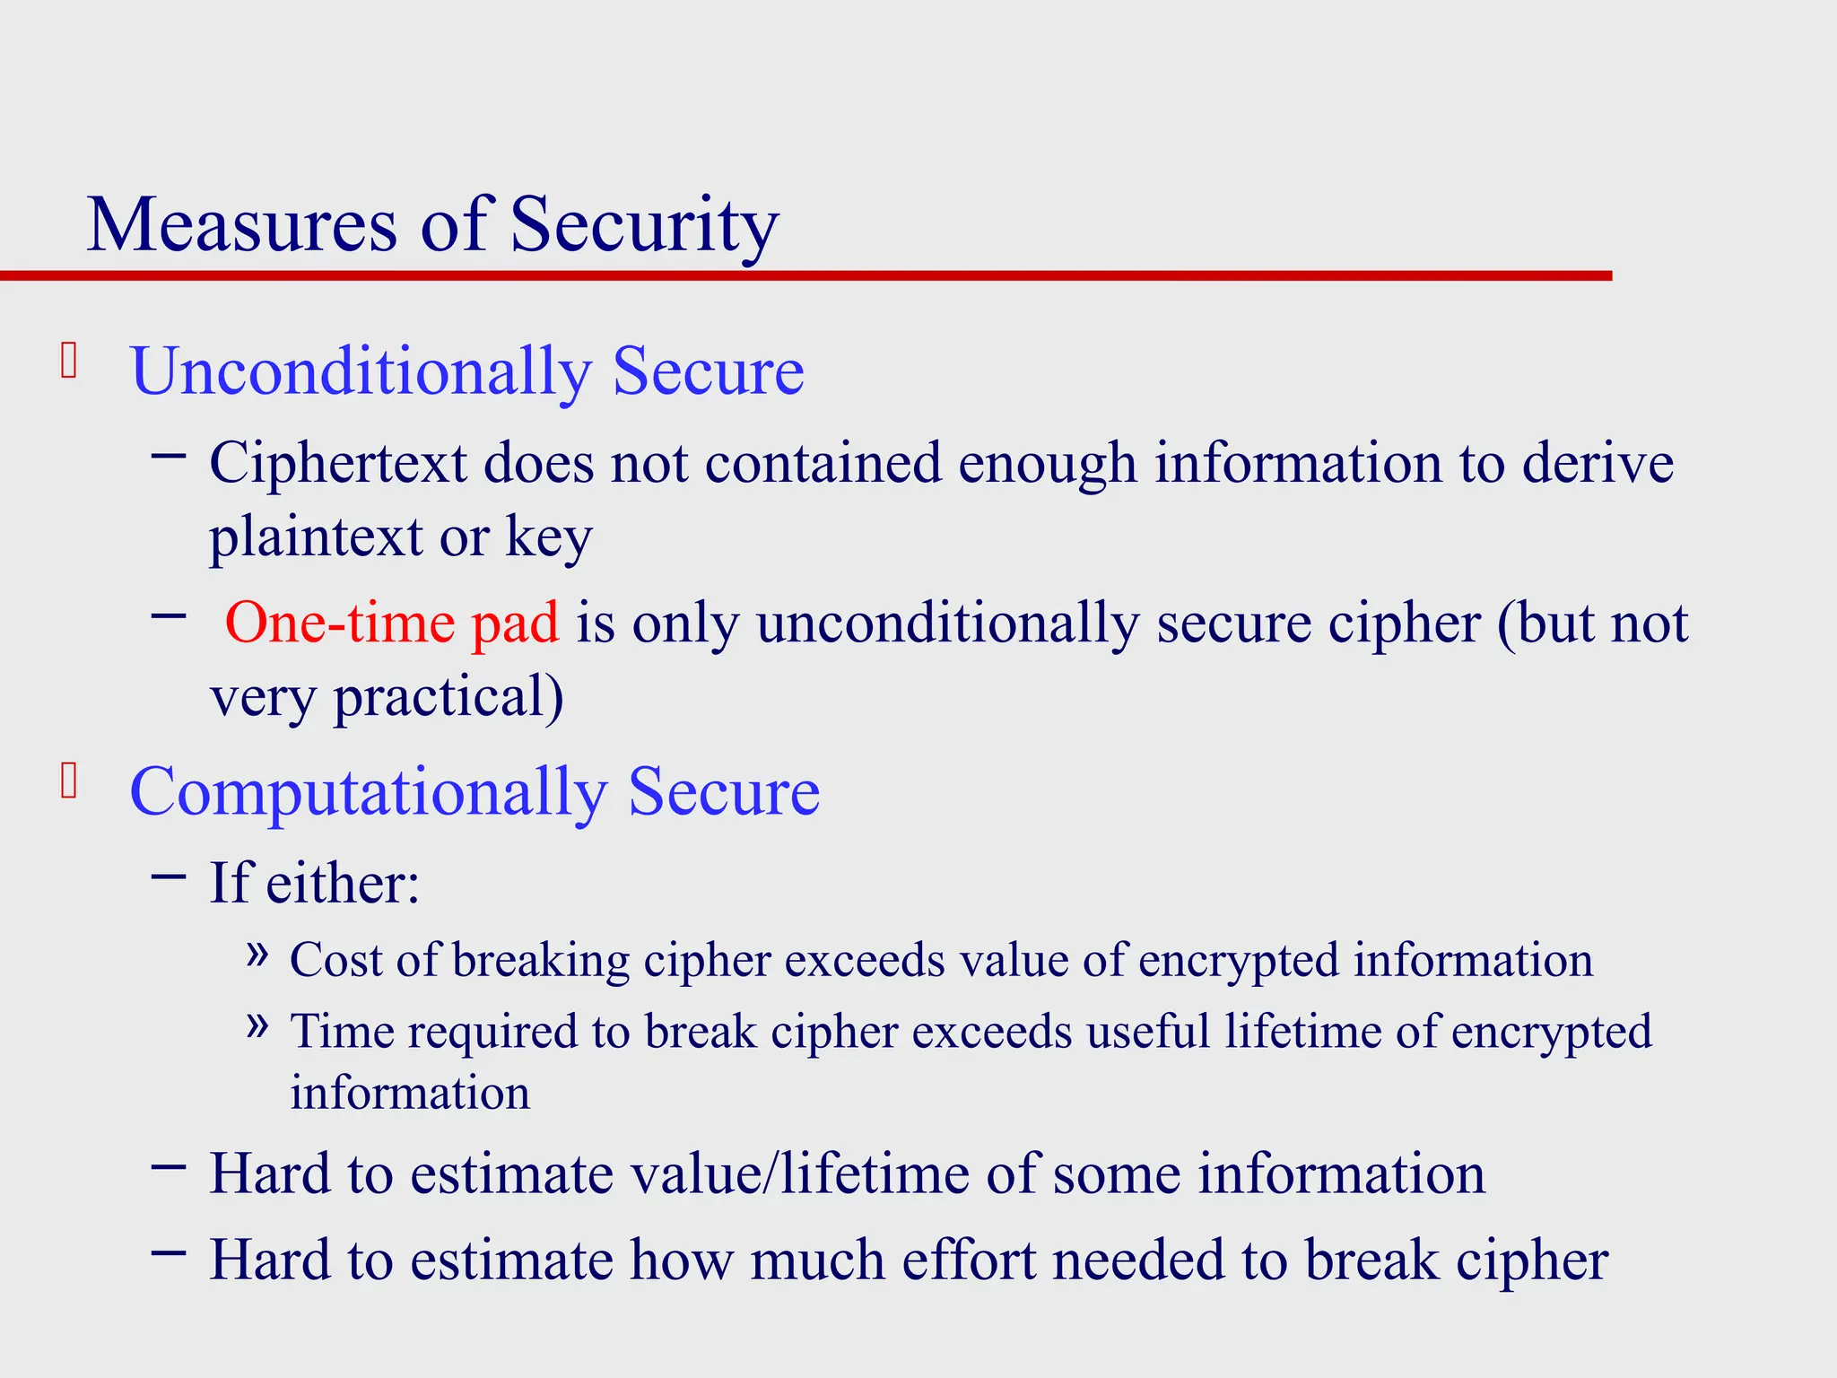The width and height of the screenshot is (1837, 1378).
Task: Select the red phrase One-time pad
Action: (391, 622)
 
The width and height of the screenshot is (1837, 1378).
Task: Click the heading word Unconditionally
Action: (361, 371)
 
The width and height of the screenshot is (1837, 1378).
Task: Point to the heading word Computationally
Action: (369, 791)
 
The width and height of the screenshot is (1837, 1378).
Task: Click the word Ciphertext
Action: (338, 464)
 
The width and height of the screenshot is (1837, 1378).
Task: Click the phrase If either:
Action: (314, 883)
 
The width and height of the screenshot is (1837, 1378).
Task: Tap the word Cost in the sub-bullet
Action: (335, 960)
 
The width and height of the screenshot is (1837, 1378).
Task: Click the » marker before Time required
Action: (257, 1025)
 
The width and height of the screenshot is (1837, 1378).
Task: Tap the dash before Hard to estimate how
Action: (169, 1252)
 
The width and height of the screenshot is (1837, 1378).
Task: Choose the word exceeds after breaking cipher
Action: (865, 960)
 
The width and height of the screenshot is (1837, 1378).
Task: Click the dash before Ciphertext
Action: (169, 456)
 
